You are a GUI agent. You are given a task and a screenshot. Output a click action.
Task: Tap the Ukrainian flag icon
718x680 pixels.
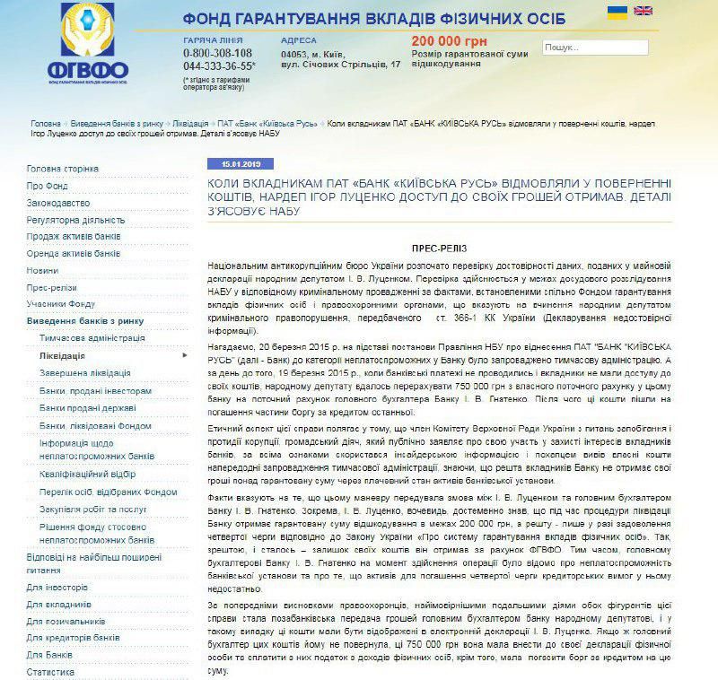point(617,11)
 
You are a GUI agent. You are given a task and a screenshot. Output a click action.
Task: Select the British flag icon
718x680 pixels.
point(643,11)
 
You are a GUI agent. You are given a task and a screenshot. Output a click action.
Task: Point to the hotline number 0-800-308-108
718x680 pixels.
point(217,53)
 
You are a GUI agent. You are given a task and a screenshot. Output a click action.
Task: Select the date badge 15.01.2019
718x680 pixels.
point(233,165)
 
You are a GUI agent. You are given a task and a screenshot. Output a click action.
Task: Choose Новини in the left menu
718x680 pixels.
point(42,270)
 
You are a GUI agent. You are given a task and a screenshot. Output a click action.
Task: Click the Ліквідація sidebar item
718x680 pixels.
point(63,355)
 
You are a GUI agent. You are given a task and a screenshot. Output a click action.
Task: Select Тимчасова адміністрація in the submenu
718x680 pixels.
point(92,338)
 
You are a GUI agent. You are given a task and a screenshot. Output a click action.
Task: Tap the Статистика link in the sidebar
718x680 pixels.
point(50,671)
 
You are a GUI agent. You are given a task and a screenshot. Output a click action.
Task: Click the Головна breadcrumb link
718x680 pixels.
point(46,123)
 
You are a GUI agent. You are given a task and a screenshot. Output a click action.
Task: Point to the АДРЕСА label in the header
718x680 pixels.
point(298,40)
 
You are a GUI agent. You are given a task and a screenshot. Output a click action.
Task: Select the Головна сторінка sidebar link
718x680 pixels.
point(63,169)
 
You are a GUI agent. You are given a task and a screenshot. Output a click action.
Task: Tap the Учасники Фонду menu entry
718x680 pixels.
point(61,304)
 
